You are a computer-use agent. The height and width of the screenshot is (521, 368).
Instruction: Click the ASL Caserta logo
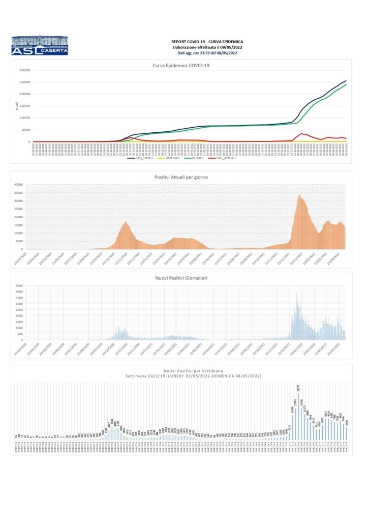tap(39, 46)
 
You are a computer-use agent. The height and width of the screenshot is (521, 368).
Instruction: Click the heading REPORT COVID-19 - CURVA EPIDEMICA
tap(207, 42)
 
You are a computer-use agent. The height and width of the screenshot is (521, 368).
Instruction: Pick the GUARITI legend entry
tap(194, 158)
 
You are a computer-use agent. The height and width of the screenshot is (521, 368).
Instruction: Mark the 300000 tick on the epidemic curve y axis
tap(24, 70)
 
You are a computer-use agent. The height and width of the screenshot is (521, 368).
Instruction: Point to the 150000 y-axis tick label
tap(24, 106)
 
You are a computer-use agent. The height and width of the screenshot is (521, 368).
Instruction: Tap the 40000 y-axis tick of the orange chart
tap(19, 185)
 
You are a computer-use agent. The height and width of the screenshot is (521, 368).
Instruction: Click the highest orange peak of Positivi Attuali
tap(300, 196)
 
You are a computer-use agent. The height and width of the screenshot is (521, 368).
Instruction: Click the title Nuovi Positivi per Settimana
tap(187, 371)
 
